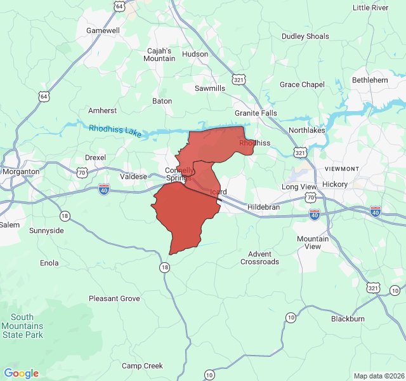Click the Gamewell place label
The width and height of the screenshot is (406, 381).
point(103,30)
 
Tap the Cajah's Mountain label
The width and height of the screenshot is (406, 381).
point(159,55)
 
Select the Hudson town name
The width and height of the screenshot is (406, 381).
point(195,54)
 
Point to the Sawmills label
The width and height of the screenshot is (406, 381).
point(210,88)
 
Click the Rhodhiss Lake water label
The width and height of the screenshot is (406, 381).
point(115,130)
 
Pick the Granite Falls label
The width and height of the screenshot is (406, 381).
point(256,113)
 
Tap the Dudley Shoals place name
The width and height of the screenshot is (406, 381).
point(306,36)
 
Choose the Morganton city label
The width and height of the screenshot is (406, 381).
point(21,171)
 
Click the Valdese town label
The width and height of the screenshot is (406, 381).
point(133,177)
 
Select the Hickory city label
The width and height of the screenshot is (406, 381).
point(335,184)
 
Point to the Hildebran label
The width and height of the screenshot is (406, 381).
point(263,208)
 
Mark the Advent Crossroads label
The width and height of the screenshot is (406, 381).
point(259,257)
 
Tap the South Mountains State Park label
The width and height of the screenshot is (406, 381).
point(22,326)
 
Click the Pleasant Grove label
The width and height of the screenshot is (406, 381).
point(114,298)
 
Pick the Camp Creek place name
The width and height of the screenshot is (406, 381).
point(142,366)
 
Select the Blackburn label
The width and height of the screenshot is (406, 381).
point(348,319)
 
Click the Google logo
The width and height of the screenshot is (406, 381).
point(21,373)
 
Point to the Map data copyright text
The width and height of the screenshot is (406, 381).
point(378,376)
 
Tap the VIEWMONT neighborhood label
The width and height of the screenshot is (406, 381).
point(342,168)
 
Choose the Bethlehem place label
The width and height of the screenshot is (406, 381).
point(370,80)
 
